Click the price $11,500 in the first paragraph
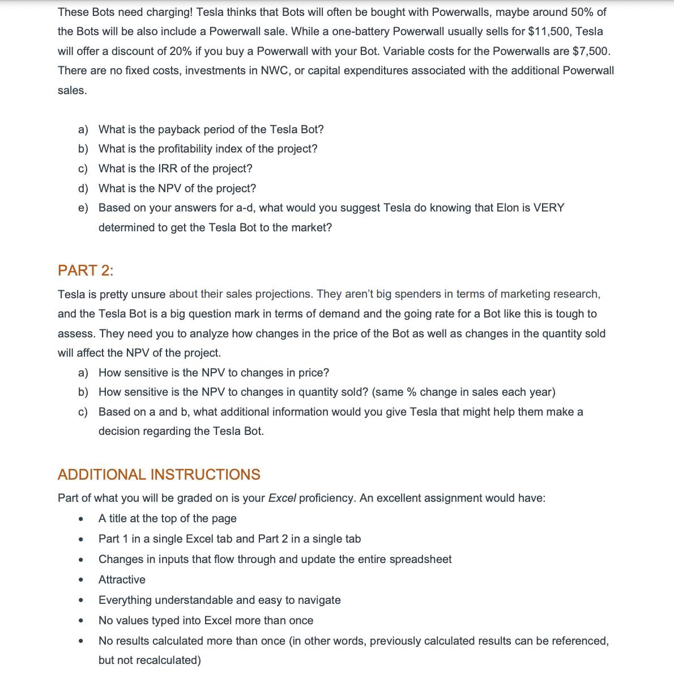(549, 31)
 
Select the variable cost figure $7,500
(591, 51)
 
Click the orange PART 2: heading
(86, 270)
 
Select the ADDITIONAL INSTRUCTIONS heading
(159, 475)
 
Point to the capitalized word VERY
(549, 208)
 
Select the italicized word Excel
(282, 498)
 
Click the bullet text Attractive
(122, 579)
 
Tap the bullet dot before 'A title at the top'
(82, 519)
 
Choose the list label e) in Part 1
(83, 208)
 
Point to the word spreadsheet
(422, 559)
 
